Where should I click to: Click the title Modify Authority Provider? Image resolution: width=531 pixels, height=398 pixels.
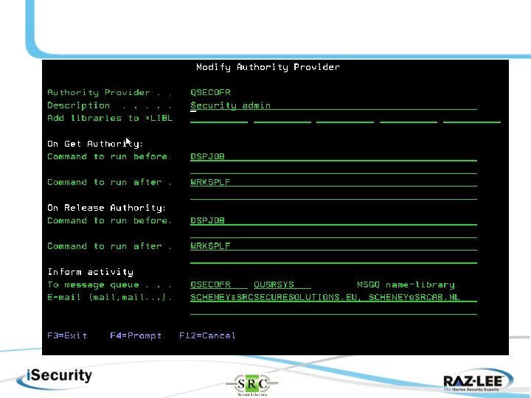(x=268, y=67)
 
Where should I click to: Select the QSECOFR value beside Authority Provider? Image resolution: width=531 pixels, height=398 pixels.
(x=210, y=93)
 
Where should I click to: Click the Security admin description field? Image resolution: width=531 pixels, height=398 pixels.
(x=231, y=105)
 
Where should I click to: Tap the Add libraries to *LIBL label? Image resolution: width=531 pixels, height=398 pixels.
(x=110, y=118)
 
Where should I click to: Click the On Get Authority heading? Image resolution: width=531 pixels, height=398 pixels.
(x=95, y=144)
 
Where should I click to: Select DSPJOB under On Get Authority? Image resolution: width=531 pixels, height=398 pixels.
(x=207, y=156)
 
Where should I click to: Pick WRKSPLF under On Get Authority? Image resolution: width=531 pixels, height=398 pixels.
(x=210, y=182)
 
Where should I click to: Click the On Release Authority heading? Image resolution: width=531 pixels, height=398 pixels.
(x=106, y=208)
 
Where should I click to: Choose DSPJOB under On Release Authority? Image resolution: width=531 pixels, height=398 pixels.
(x=207, y=220)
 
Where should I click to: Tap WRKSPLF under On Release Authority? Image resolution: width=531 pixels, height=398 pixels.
(x=210, y=246)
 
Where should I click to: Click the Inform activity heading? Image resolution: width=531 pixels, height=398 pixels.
(x=90, y=272)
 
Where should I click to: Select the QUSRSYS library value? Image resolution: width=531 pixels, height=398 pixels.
(x=274, y=284)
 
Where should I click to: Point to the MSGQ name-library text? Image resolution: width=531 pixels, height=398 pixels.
(x=406, y=284)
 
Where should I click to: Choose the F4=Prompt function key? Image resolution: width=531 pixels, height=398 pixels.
(x=136, y=335)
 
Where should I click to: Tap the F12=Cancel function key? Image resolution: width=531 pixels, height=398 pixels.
(x=207, y=335)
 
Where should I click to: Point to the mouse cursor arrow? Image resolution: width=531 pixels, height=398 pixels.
(x=128, y=141)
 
